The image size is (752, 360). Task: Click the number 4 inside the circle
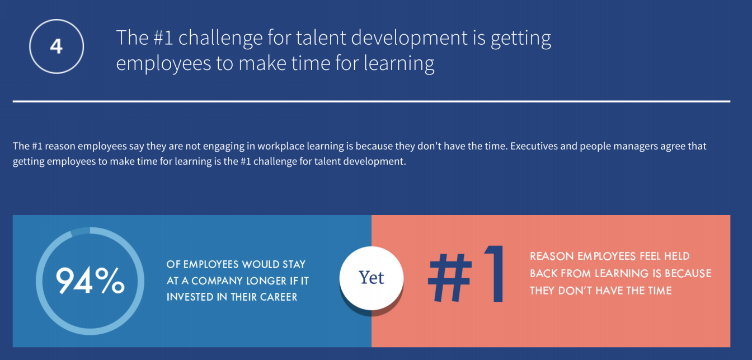click(57, 46)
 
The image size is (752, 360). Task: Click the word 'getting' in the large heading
click(521, 39)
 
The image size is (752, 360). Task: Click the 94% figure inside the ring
click(90, 280)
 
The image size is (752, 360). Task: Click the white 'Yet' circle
click(372, 278)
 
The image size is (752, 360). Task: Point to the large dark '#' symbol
click(450, 277)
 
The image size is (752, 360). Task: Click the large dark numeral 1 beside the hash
click(494, 273)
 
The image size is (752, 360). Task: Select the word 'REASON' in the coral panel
click(552, 256)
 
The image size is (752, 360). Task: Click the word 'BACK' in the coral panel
click(543, 273)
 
